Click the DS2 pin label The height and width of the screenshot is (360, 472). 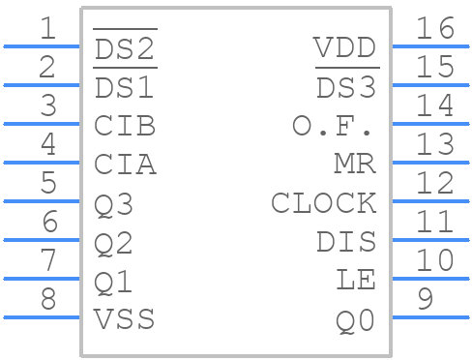125,48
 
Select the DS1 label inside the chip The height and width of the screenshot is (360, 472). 125,87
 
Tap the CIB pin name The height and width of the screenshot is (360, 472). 125,127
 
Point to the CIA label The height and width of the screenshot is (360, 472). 125,165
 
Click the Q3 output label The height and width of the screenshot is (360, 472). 114,205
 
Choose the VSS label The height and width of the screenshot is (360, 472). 125,319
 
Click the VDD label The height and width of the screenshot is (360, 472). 345,48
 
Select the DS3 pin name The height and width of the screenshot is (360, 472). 345,87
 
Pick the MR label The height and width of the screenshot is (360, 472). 355,165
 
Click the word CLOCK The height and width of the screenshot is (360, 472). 323,204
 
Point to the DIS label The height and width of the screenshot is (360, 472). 345,243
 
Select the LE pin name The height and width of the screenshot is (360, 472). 355,282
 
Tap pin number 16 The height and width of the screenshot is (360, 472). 434,28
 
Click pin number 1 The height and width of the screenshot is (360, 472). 47,28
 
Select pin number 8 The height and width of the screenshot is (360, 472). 47,300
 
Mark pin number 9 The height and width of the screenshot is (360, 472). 424,300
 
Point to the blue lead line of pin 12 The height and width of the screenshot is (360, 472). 429,200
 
